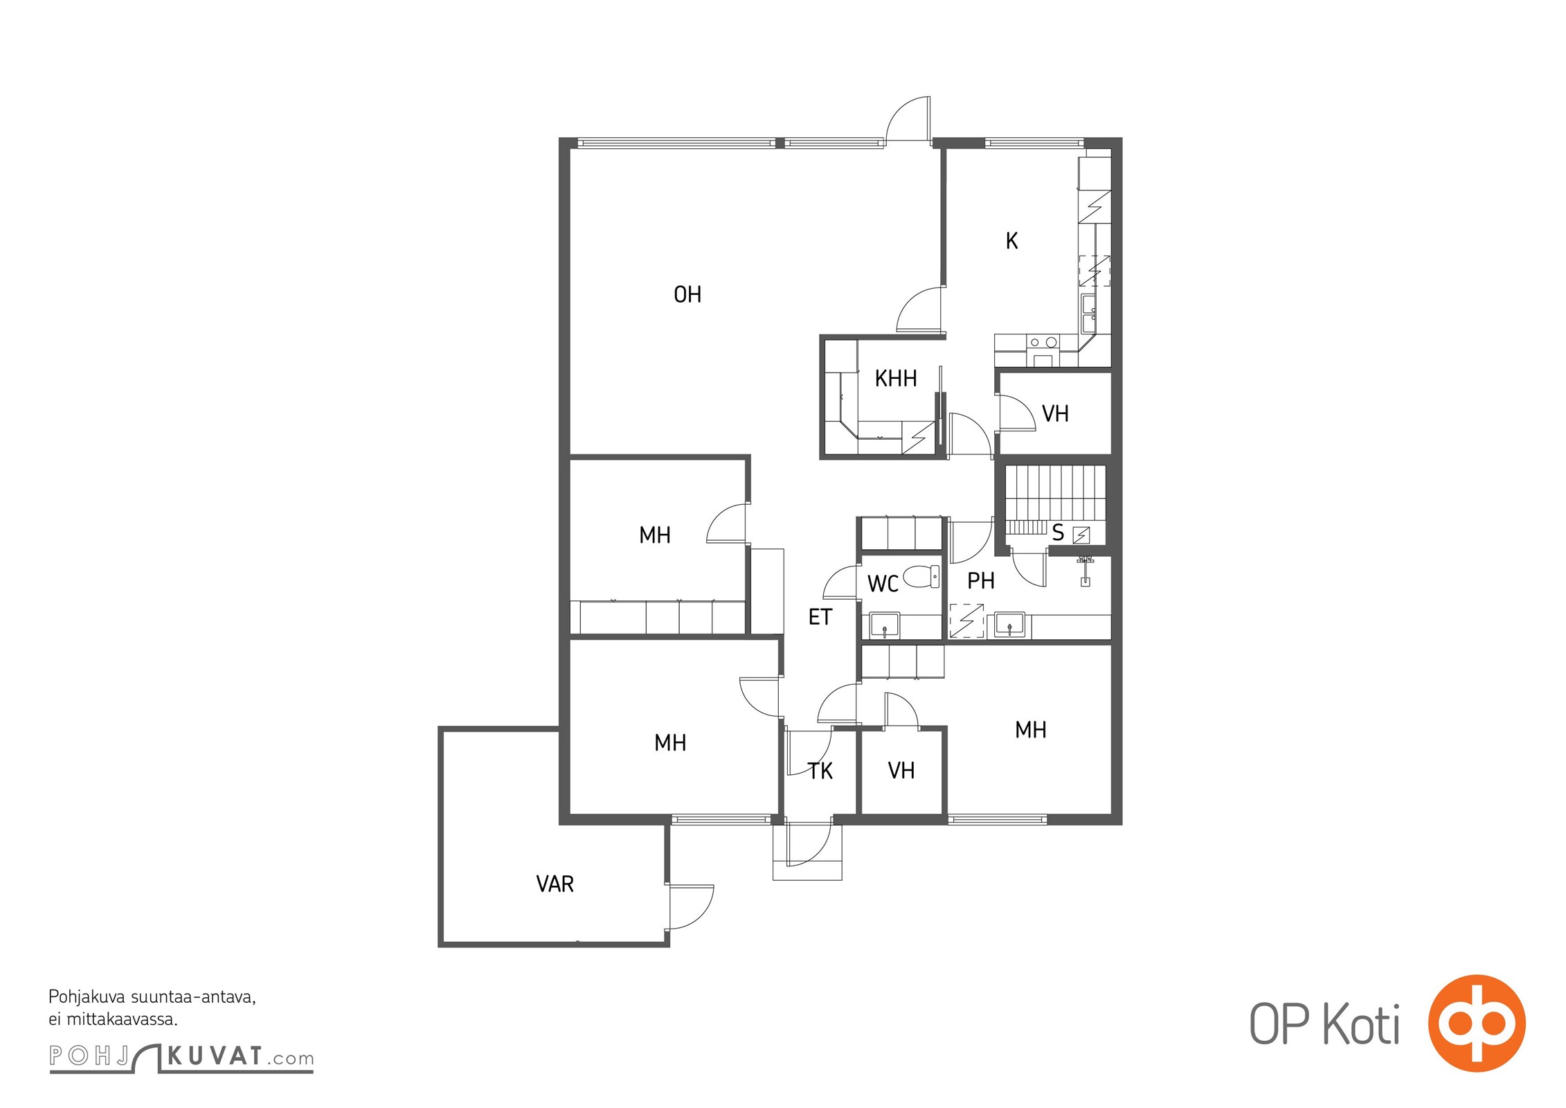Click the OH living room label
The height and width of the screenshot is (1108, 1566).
pos(687,295)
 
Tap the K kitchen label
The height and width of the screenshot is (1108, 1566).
pos(1012,241)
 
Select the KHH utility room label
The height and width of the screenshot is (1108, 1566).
pos(896,379)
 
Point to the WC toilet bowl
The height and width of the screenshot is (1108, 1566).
pos(921,576)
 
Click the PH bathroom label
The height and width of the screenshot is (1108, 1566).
pos(981,581)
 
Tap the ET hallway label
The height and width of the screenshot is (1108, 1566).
pos(820,617)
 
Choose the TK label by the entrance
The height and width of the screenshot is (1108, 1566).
pos(820,771)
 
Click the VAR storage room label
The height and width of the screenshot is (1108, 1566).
pos(555,884)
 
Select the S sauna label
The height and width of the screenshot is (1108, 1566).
pos(1058,533)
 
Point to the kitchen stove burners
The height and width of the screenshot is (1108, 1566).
pos(1043,342)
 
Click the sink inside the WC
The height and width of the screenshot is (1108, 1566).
pos(885,625)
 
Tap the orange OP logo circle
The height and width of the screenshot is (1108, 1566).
pos(1477,1023)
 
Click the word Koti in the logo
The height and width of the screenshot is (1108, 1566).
pos(1362,1024)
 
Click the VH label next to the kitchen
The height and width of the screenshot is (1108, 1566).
pos(1056,414)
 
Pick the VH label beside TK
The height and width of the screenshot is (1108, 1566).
pos(901,771)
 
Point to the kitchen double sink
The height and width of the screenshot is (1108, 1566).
pos(1089,314)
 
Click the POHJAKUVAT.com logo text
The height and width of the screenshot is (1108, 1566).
pos(181,1057)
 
